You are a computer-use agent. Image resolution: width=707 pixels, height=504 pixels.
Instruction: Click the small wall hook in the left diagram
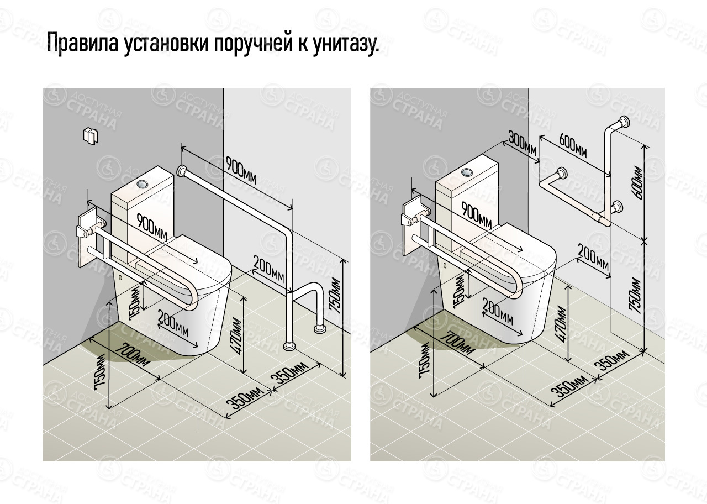(89, 135)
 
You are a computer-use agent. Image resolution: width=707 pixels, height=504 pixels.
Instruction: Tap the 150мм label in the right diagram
(459, 291)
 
